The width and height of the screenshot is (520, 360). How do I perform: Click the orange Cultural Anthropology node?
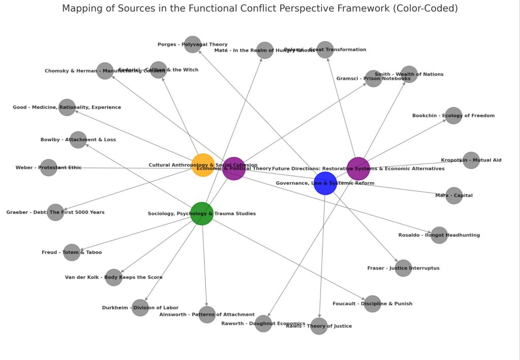coord(203,165)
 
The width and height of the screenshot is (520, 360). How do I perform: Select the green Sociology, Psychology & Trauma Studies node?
coord(202,213)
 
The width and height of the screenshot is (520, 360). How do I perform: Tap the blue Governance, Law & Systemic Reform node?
coord(325,183)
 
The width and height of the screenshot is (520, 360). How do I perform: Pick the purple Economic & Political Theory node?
coord(234,169)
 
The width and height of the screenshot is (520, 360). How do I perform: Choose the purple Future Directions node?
coord(358,169)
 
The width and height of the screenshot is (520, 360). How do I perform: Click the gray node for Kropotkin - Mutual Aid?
coord(471,160)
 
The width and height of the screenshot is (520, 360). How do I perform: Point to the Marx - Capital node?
coord(454,195)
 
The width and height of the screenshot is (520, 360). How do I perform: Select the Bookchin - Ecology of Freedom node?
coord(453,116)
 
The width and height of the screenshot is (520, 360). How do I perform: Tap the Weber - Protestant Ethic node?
coord(49,168)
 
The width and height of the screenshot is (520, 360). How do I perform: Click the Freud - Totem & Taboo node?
coord(72,252)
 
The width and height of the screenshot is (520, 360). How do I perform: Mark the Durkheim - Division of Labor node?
coord(140,308)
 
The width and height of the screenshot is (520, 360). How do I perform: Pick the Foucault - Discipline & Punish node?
coord(372,304)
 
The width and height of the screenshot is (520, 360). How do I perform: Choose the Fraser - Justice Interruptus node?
coord(403,268)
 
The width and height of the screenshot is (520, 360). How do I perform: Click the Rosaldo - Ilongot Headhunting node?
coord(439,235)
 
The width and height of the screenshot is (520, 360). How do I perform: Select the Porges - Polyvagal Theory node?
coord(192,45)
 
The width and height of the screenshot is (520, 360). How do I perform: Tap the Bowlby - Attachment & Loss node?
coord(78,140)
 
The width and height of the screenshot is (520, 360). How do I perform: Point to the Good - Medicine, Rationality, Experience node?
coord(67,107)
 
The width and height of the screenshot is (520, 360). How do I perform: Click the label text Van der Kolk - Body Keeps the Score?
coord(114,277)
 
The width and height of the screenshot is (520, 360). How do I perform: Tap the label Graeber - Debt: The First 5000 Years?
coord(55,212)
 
